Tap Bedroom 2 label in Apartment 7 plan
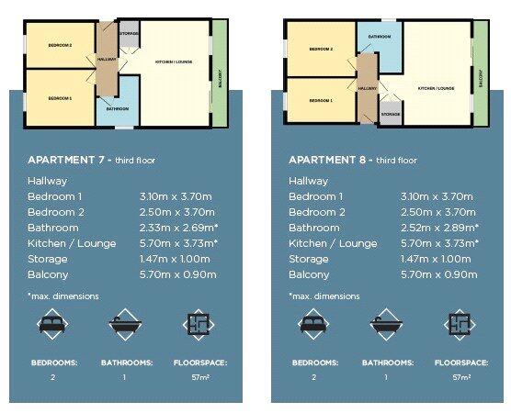tap(60, 43)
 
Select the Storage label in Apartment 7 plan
tap(129, 34)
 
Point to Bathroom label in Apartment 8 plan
tap(380, 37)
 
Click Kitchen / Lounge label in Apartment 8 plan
tap(437, 88)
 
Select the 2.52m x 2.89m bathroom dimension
tap(439, 227)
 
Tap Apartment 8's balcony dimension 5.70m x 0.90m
tap(437, 274)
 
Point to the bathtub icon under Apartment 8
tap(385, 325)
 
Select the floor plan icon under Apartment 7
tap(199, 325)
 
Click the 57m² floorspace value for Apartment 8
tap(460, 377)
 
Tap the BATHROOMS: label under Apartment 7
tap(126, 363)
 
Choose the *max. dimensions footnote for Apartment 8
tap(324, 296)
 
